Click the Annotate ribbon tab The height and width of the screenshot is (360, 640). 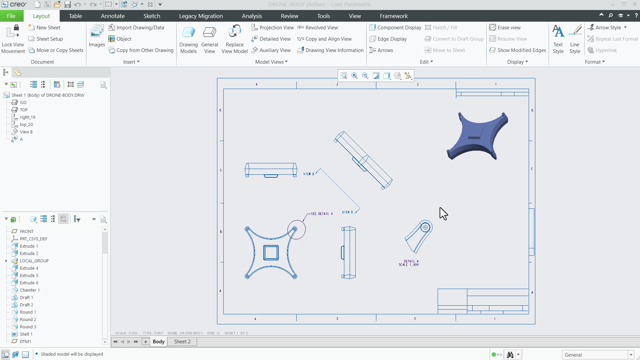pyautogui.click(x=113, y=16)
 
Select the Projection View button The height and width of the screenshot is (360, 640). pyautogui.click(x=273, y=28)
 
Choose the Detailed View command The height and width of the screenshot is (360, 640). pyautogui.click(x=271, y=39)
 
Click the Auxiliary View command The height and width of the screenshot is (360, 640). pyautogui.click(x=271, y=50)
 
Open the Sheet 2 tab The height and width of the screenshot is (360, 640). pyautogui.click(x=182, y=342)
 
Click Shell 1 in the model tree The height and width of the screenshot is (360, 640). pyautogui.click(x=26, y=334)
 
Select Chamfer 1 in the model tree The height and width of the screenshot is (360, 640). pyautogui.click(x=29, y=290)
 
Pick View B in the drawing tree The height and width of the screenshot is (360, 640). pyautogui.click(x=26, y=132)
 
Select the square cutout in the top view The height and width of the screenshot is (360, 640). pyautogui.click(x=271, y=253)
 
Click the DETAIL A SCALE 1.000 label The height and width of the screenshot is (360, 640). pyautogui.click(x=409, y=263)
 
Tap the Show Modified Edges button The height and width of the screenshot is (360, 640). pyautogui.click(x=518, y=50)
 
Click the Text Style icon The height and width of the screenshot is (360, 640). pyautogui.click(x=558, y=39)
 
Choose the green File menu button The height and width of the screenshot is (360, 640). pyautogui.click(x=11, y=16)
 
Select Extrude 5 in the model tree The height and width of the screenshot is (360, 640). pyautogui.click(x=29, y=275)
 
